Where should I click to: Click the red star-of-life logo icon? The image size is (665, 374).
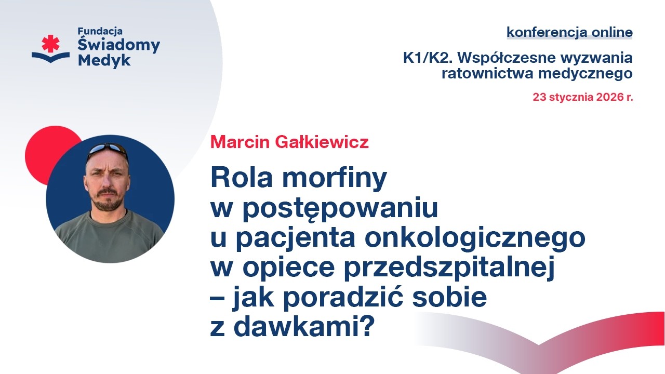50,44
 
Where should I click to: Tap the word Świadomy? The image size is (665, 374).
118,46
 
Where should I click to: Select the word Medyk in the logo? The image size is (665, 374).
104,60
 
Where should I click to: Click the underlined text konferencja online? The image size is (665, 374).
569,32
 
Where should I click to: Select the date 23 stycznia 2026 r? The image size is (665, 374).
583,97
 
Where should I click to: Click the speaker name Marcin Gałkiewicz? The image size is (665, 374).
289,142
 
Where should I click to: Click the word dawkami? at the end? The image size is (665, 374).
304,327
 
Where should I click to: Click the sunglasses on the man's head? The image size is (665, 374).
108,150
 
